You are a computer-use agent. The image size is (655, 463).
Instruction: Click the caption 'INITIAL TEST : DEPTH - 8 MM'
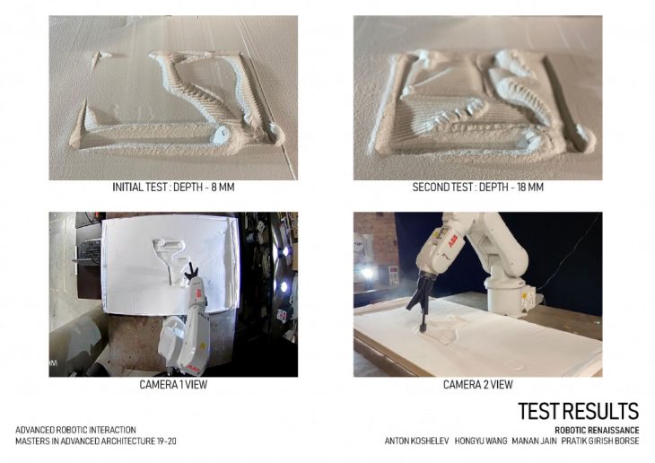point(173,187)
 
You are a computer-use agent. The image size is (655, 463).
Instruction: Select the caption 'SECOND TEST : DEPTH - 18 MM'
point(478,187)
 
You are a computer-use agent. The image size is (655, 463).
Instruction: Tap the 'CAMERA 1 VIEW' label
point(173,384)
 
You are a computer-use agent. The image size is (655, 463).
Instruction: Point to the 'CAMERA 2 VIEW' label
point(478,384)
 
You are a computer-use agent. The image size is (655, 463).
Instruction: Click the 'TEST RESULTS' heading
point(579,411)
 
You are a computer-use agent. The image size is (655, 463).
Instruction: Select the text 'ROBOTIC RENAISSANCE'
point(597,430)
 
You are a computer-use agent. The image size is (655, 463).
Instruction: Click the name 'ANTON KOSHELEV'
point(417,441)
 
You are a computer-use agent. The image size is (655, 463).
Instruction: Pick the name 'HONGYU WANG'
point(481,441)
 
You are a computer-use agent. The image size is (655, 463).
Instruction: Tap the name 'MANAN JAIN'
point(534,441)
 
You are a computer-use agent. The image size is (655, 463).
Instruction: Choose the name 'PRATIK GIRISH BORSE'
point(600,441)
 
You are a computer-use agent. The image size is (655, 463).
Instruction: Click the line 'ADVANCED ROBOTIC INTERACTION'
point(75,430)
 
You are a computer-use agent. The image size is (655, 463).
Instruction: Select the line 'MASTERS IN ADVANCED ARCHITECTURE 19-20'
point(96,441)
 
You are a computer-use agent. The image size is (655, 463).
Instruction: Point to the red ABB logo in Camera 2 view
point(453,240)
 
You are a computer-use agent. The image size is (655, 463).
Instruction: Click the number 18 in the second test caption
point(523,187)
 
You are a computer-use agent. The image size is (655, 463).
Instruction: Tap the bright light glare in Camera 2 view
point(368,274)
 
